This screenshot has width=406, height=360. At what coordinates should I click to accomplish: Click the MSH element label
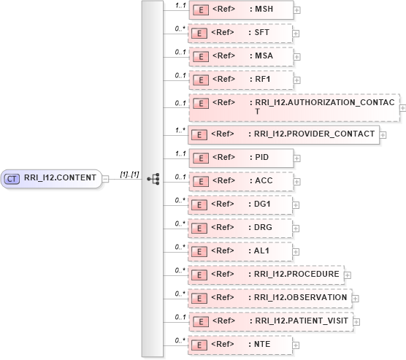(x=263, y=9)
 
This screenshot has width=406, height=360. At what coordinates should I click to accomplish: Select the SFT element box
(x=240, y=33)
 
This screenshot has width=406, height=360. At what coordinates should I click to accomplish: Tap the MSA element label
(x=263, y=56)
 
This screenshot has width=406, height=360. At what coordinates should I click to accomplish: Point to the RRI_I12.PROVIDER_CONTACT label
(x=314, y=134)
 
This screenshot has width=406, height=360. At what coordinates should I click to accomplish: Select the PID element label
(x=262, y=157)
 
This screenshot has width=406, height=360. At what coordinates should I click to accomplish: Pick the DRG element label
(x=264, y=227)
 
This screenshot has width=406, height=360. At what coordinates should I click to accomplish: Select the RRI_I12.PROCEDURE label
(x=296, y=274)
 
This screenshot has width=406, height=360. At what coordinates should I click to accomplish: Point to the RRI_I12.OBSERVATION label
(x=300, y=297)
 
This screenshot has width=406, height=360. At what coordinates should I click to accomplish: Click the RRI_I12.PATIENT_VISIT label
(x=302, y=321)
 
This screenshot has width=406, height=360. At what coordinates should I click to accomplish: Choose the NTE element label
(x=263, y=344)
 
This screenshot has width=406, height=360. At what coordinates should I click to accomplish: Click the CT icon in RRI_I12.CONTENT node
(x=12, y=177)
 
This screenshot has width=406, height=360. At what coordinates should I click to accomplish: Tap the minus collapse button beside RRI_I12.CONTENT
(x=106, y=178)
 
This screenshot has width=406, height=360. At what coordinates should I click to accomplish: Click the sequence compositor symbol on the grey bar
(x=153, y=178)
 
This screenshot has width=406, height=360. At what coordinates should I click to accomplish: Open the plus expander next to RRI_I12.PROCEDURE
(x=347, y=275)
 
